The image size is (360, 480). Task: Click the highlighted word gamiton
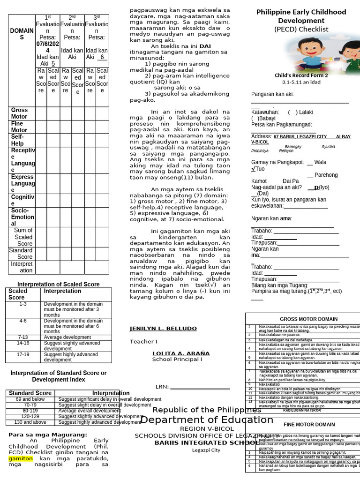click(20, 458)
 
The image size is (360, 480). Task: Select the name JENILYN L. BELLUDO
click(163, 329)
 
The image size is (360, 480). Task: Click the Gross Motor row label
click(20, 113)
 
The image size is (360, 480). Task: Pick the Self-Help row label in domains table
click(18, 140)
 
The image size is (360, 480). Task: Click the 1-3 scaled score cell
click(23, 304)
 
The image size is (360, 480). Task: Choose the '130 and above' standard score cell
click(30, 422)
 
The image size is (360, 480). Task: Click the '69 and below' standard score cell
click(30, 399)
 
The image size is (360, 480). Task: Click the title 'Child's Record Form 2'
click(301, 75)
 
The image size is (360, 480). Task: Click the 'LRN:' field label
click(162, 387)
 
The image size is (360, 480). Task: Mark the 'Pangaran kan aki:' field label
click(272, 94)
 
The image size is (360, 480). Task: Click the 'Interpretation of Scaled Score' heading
click(59, 284)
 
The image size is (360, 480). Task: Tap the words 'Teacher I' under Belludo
click(143, 341)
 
